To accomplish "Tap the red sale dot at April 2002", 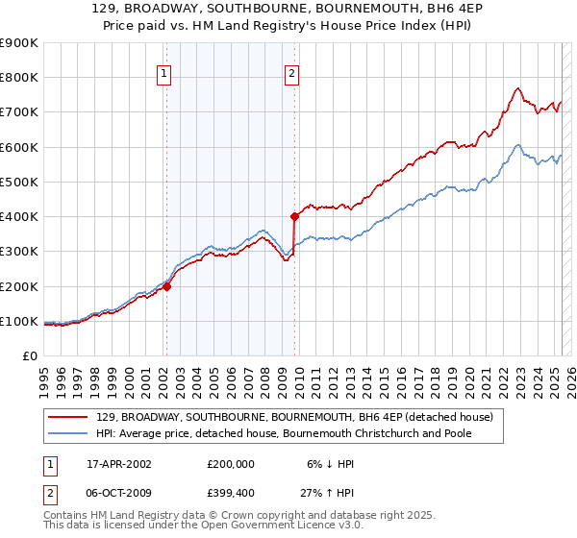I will [x=166, y=285].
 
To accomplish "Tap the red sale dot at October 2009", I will [x=294, y=216].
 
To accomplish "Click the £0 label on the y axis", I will [x=29, y=355].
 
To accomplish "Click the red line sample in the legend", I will [x=67, y=417].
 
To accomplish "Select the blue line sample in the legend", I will [x=67, y=433].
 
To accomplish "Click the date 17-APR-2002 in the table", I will [x=112, y=464].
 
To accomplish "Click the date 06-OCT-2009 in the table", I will [x=112, y=495].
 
